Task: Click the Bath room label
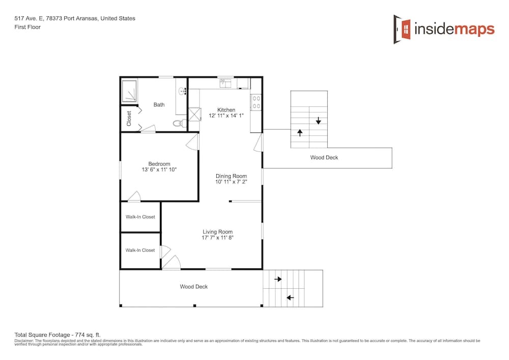click(x=159, y=104)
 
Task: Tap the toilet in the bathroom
click(x=179, y=123)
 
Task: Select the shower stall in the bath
click(x=129, y=91)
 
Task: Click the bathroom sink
click(x=182, y=91)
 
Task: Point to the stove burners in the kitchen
click(x=256, y=102)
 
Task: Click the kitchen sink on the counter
click(x=225, y=83)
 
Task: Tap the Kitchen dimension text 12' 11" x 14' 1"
click(x=226, y=116)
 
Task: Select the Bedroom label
click(x=159, y=164)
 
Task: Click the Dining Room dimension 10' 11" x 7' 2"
click(x=231, y=182)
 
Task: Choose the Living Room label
click(x=217, y=232)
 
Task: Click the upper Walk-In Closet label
click(x=140, y=217)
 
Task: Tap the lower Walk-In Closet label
click(x=140, y=251)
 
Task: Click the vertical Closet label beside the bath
click(x=129, y=119)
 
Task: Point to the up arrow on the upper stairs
click(x=300, y=132)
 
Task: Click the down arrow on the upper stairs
click(x=319, y=121)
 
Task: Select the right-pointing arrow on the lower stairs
click(x=278, y=279)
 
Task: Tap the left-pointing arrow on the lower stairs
click(x=290, y=298)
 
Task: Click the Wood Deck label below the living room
click(x=194, y=287)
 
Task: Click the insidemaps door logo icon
click(x=402, y=29)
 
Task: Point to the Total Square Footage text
click(x=58, y=335)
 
